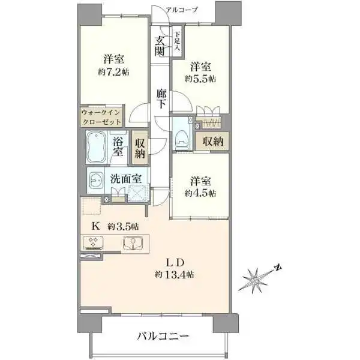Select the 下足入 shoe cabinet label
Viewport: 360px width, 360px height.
click(x=178, y=44)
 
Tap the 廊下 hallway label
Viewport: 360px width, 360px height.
click(x=161, y=99)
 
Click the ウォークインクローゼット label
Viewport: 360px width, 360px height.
click(x=101, y=116)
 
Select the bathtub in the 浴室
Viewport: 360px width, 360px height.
click(x=96, y=148)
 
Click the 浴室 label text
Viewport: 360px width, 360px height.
click(x=119, y=148)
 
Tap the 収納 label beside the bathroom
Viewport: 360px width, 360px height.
click(x=140, y=148)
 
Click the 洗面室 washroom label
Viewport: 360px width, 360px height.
click(x=126, y=178)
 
